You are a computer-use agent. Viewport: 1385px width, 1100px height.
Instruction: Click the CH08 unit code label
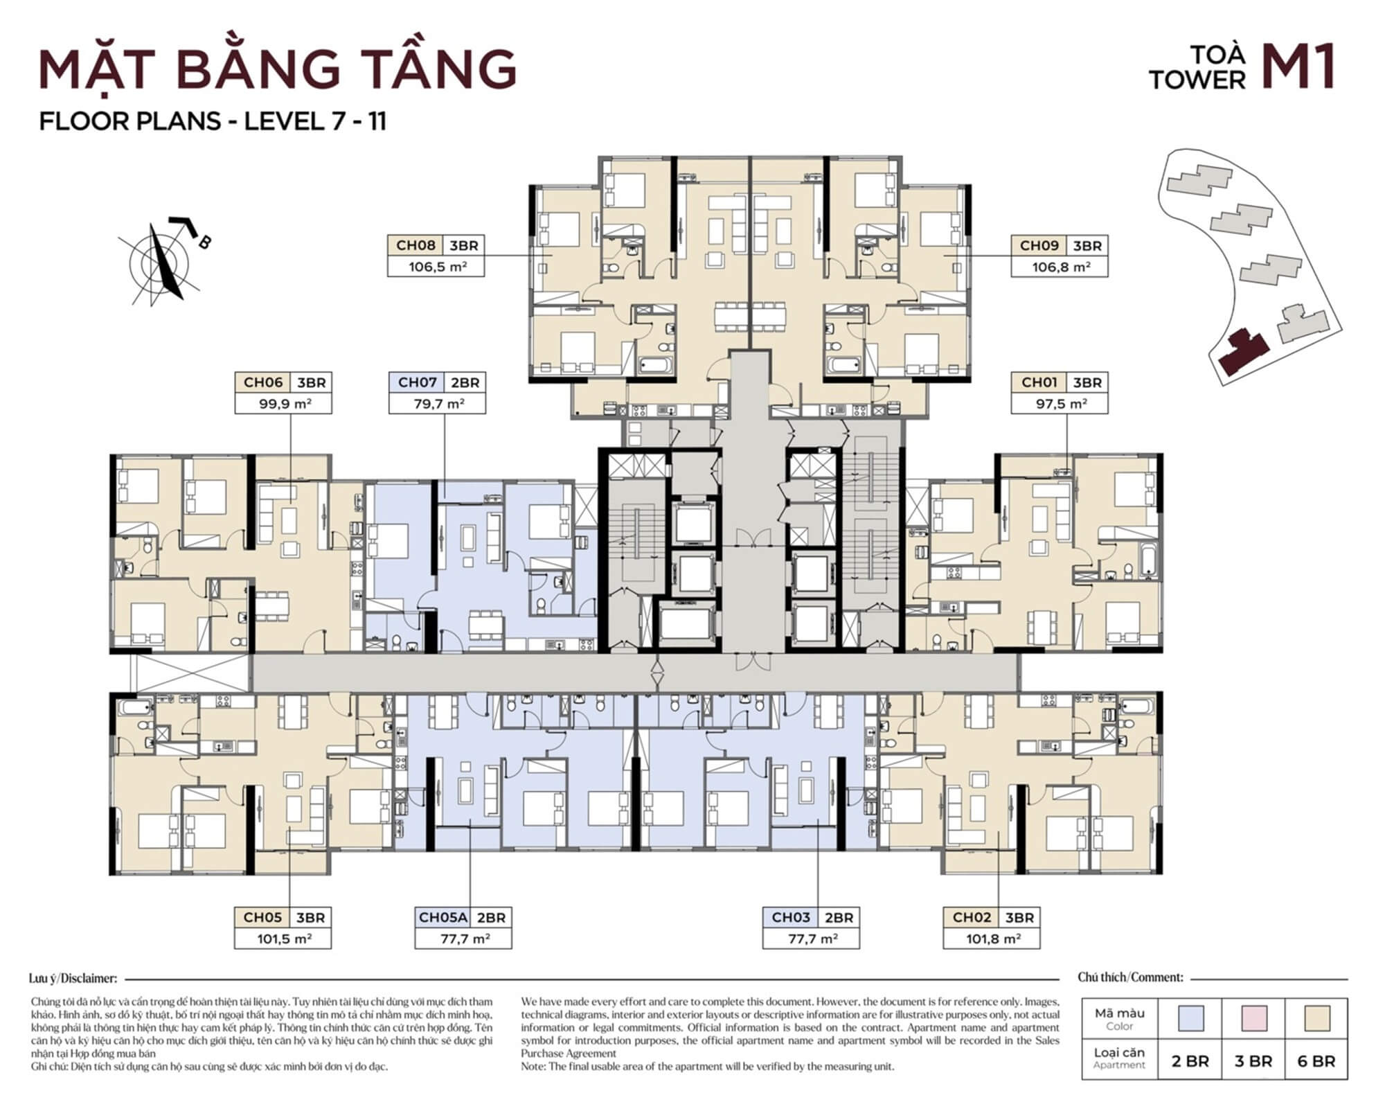415,245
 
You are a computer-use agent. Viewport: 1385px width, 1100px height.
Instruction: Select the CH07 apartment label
417,382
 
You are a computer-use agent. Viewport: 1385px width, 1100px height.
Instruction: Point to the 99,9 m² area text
285,404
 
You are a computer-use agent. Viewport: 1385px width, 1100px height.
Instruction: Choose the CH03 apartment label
791,918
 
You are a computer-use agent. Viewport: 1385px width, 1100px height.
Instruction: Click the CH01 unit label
1039,382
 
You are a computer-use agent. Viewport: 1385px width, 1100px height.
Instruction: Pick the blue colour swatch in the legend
1190,1018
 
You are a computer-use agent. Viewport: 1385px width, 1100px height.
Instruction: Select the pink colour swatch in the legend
1253,1018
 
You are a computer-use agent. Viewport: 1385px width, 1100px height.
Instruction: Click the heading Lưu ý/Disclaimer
73,979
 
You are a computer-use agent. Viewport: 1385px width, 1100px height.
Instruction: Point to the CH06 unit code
263,382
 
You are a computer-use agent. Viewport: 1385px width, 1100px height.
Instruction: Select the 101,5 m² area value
285,939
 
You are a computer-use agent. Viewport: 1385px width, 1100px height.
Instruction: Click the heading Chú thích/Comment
1130,977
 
